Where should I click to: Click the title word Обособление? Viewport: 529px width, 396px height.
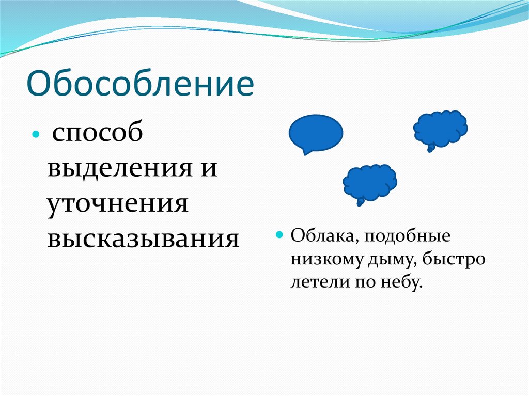[141, 83]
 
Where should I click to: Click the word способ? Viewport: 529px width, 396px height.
[98, 133]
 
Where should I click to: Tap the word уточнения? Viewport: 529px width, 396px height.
[117, 204]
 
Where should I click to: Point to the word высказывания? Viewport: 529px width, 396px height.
[144, 239]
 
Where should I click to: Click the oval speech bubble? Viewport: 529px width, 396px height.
[316, 133]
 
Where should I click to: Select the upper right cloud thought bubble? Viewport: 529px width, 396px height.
[441, 129]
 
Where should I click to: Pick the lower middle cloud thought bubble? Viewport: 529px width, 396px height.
[370, 183]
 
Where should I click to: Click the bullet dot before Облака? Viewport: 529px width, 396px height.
[279, 235]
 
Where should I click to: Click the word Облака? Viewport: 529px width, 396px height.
[326, 236]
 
